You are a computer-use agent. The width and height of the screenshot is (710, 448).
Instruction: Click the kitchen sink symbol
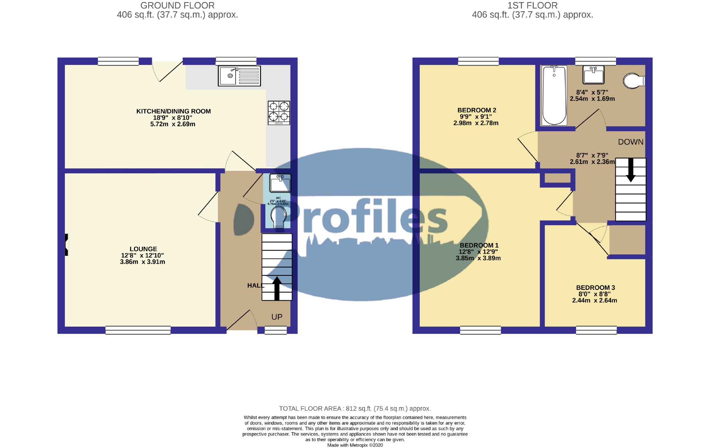coord(239,76)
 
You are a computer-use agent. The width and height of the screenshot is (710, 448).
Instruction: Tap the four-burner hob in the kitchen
coord(279,113)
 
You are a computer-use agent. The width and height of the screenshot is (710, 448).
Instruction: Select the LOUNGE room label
coord(143,249)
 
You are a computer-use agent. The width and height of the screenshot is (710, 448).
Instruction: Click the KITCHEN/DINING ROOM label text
coord(173,111)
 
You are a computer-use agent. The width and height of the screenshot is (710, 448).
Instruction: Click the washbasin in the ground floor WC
coord(280,183)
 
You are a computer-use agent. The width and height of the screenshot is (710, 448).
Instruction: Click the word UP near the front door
coord(277,317)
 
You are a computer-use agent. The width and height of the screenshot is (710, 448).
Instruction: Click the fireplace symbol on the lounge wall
coord(66,245)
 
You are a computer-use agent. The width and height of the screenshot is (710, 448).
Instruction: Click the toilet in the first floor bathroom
coord(634,81)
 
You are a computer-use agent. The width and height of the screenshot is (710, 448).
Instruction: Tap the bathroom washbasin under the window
coord(593,74)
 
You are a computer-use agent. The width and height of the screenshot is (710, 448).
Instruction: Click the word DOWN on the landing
coord(630,142)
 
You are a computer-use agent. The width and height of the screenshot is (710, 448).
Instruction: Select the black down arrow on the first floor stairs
coord(630,170)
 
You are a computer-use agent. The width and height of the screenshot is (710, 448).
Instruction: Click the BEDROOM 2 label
coord(476,110)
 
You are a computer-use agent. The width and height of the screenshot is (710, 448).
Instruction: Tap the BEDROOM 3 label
coord(595,288)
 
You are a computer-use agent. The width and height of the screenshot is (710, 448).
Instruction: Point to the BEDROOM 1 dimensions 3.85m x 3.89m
coord(478,258)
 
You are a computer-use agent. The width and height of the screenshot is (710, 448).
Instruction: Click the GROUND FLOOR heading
coord(177,6)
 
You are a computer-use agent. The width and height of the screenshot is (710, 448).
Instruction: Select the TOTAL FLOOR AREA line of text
coord(355,408)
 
